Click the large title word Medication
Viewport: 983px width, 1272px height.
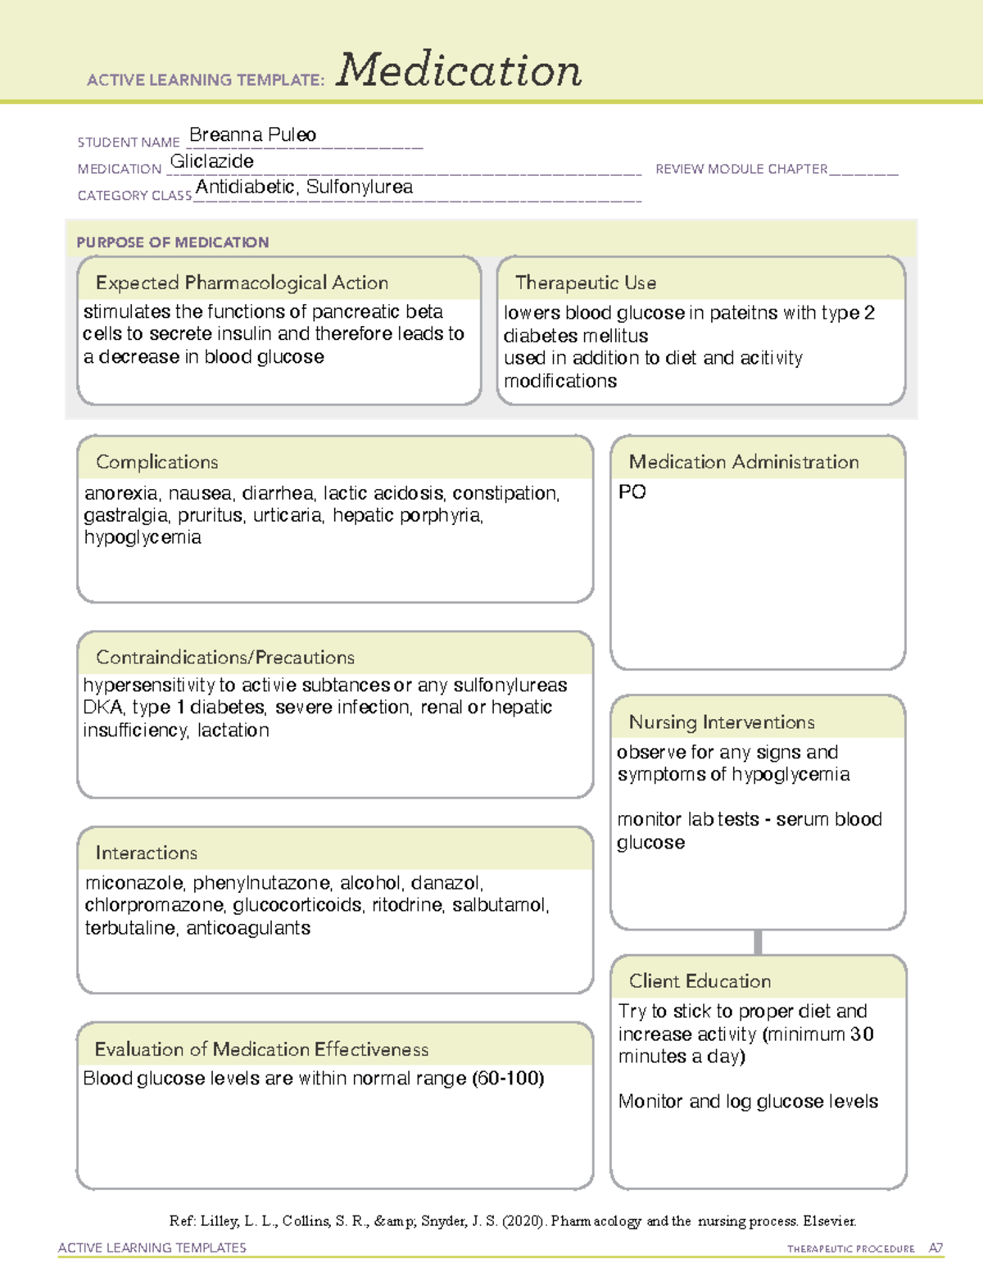coord(459,70)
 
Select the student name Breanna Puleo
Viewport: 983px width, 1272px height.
coord(252,135)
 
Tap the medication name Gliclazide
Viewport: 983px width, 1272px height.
coord(212,161)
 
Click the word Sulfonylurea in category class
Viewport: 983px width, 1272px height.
coord(360,187)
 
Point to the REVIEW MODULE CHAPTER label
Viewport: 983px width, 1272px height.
coord(741,169)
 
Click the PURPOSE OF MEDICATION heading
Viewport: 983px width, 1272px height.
coord(173,242)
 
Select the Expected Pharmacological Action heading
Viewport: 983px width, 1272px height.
coord(242,283)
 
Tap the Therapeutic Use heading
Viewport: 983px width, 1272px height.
coord(586,283)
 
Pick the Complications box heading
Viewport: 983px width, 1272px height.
coord(157,462)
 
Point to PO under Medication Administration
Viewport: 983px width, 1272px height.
coord(632,492)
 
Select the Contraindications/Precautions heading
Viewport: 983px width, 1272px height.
coord(225,658)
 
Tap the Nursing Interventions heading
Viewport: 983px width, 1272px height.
coord(722,722)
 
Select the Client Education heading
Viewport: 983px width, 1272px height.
coord(700,981)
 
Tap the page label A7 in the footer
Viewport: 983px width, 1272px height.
coord(935,1248)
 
